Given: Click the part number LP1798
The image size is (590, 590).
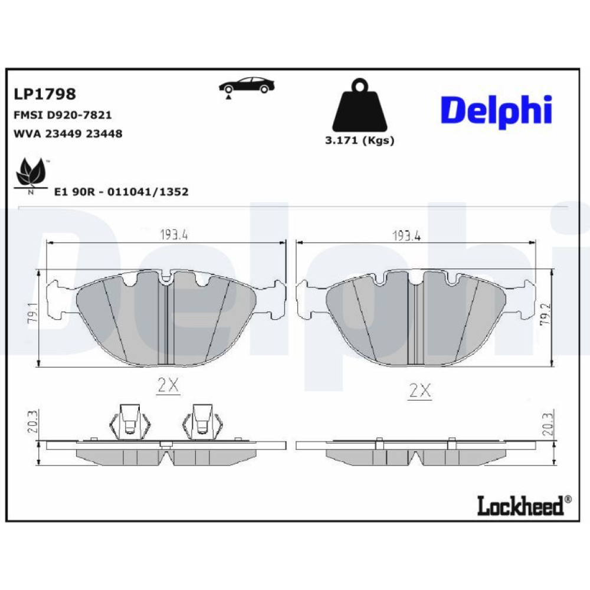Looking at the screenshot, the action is click(x=45, y=94).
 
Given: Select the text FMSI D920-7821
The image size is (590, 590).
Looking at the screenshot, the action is click(x=63, y=115).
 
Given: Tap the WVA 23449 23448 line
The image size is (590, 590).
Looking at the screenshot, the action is click(x=68, y=133).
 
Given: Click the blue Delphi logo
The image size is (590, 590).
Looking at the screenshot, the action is click(x=496, y=111).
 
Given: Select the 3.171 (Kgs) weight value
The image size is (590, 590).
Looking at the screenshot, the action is click(x=359, y=141).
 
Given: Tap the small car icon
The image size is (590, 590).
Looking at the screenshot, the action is click(x=247, y=87).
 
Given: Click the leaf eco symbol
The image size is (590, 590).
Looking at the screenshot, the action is click(x=31, y=176).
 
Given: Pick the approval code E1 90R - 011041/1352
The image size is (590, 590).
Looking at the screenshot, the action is click(x=121, y=192).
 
